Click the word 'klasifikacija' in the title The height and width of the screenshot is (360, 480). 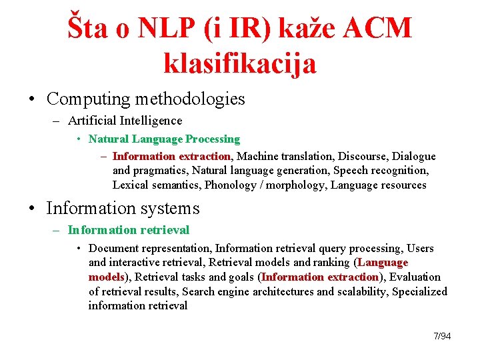(x=239, y=63)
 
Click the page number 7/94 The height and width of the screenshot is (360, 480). (x=442, y=336)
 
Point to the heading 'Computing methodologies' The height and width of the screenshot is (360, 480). (x=146, y=99)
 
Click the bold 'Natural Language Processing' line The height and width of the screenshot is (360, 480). (x=164, y=139)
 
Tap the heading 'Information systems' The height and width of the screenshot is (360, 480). (x=123, y=209)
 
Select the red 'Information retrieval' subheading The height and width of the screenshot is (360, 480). (x=129, y=230)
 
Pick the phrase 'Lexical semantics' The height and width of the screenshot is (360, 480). (x=156, y=185)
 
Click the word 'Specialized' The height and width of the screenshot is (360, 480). (x=420, y=291)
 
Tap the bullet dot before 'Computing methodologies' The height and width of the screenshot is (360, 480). (x=32, y=100)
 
